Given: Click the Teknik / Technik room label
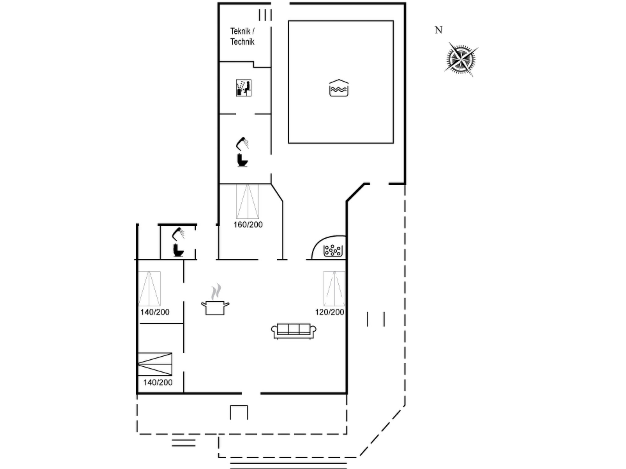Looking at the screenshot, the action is coord(242,36).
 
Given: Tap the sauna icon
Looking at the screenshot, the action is coord(244,88).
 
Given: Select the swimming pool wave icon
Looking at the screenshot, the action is coord(339,88).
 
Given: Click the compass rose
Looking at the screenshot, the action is coord(461,59).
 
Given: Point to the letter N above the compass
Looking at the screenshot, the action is coord(439,30).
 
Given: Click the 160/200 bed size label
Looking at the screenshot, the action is coord(248,225).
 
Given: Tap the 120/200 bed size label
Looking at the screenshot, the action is coord(330,312).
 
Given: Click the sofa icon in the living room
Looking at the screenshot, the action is coord(293,331).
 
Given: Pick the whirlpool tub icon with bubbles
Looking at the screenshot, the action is coord(333,250).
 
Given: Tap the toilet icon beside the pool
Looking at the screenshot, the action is coord(242,160).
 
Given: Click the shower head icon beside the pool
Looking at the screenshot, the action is coord(242,144).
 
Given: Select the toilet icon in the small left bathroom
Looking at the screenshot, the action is coord(178,250).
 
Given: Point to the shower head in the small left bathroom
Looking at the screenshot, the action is coord(178,234).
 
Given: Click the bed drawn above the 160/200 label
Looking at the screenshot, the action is coord(248,202).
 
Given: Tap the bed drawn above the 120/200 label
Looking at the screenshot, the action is coord(334,289).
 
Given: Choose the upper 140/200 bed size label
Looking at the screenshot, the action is coord(155,312).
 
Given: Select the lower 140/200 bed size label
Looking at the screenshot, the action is coord(158,382).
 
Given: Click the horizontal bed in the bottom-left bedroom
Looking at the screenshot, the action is coord(155,364).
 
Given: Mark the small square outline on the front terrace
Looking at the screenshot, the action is coord(239,406).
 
